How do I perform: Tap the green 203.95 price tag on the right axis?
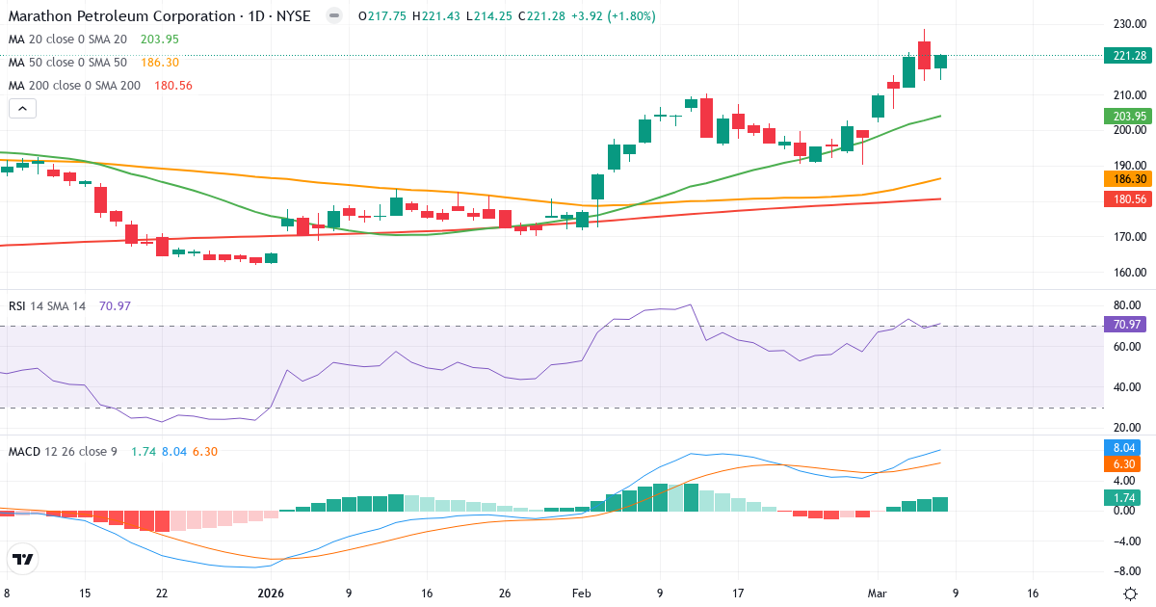[x=1124, y=116]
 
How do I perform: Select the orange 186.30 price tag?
[x=1124, y=179]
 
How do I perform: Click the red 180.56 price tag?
[x=1124, y=198]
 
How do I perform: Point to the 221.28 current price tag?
[x=1124, y=56]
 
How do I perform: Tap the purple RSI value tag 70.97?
[x=1126, y=325]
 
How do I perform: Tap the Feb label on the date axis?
[x=580, y=594]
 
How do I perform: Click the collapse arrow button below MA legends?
[x=22, y=109]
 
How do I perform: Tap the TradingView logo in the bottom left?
[x=23, y=559]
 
